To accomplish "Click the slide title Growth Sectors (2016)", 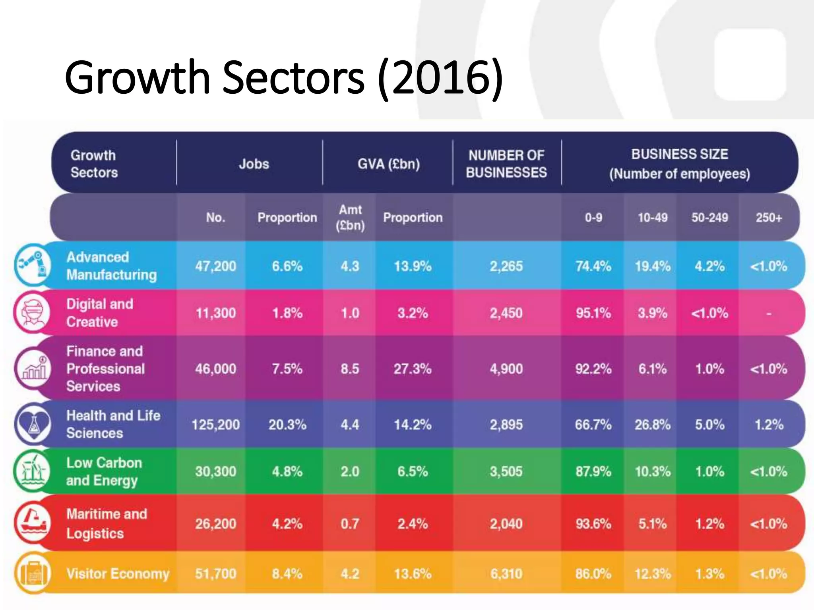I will coord(284,77).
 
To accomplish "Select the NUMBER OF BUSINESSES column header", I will coord(506,164).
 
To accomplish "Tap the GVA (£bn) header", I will coord(388,164).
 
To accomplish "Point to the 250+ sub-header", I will coord(769,218).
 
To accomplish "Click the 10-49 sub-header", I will coord(652,218).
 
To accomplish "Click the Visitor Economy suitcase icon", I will coord(33,573).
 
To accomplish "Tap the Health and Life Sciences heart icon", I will coord(33,425).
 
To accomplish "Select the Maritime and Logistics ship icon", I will coord(33,523).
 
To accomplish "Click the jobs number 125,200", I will coord(215,425).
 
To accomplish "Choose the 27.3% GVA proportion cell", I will coord(413,369).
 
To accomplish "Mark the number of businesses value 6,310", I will coord(506,573).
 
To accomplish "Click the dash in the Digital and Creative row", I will coord(769,314).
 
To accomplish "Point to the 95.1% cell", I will coord(593,313).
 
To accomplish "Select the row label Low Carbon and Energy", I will coord(104,471).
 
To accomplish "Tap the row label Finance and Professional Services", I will coord(105,369).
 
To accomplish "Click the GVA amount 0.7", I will coord(350,524).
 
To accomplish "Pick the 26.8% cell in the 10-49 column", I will coord(652,425).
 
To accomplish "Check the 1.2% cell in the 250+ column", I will coord(769,425).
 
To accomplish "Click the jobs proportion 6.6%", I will coord(287,266).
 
